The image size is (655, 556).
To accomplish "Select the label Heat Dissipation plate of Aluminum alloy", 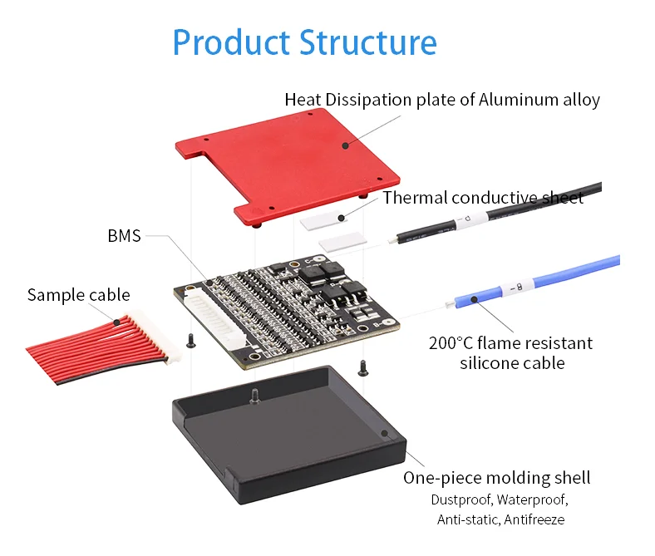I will [441, 100].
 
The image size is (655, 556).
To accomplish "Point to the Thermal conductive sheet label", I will [483, 198].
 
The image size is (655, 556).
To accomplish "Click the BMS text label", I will [125, 235].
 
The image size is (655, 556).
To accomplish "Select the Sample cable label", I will [78, 294].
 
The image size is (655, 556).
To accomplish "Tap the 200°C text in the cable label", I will [456, 342].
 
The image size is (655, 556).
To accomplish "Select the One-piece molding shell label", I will [497, 477].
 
